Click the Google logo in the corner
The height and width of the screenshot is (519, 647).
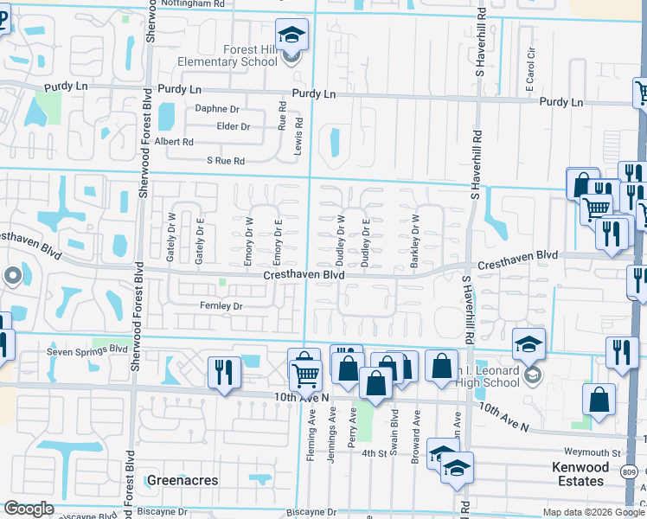(x=29, y=509)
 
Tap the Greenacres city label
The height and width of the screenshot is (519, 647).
(x=183, y=480)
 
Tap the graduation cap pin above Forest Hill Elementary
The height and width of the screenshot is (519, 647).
(x=292, y=36)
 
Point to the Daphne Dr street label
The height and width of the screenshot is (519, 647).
(x=217, y=109)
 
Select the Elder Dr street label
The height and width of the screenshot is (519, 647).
(x=234, y=126)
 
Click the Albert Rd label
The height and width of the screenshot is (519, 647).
(x=174, y=142)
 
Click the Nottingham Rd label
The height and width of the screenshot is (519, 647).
(x=198, y=3)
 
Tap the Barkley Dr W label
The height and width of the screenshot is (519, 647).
(x=416, y=241)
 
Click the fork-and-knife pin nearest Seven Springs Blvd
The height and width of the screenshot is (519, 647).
(x=224, y=373)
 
